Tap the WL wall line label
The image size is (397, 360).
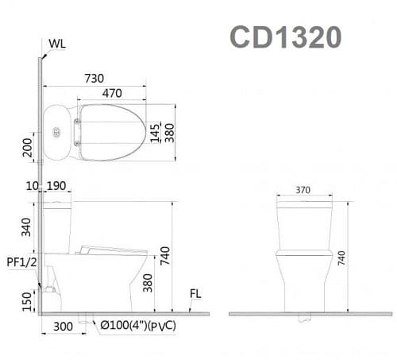pyautogui.click(x=56, y=43)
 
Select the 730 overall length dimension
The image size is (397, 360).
pyautogui.click(x=94, y=78)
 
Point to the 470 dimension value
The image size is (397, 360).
pyautogui.click(x=111, y=93)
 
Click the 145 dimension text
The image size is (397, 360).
pyautogui.click(x=156, y=132)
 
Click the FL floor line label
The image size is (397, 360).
pyautogui.click(x=195, y=294)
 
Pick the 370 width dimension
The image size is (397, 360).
pyautogui.click(x=303, y=191)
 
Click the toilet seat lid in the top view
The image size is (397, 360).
pyautogui.click(x=111, y=132)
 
